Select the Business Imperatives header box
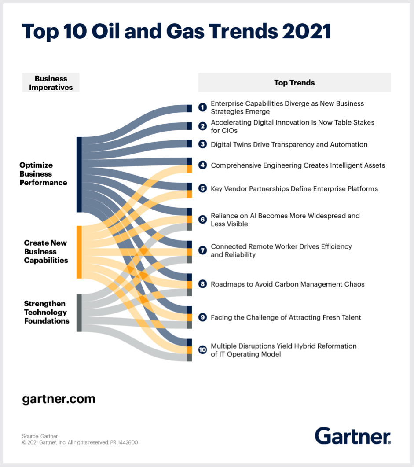coord(51,83)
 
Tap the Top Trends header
coord(294,83)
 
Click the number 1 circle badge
coord(202,107)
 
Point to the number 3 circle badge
coord(202,144)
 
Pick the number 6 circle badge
coord(202,220)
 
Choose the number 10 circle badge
coord(202,350)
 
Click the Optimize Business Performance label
coord(43,174)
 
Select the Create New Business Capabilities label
coord(46,252)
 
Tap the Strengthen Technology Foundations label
coord(46,313)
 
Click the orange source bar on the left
coord(79,252)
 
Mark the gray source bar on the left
coord(79,313)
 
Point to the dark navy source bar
coord(79,175)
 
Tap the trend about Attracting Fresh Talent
coord(286,317)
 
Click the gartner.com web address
coord(59,399)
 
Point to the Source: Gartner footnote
coord(40,436)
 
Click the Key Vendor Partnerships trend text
coord(294,189)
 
